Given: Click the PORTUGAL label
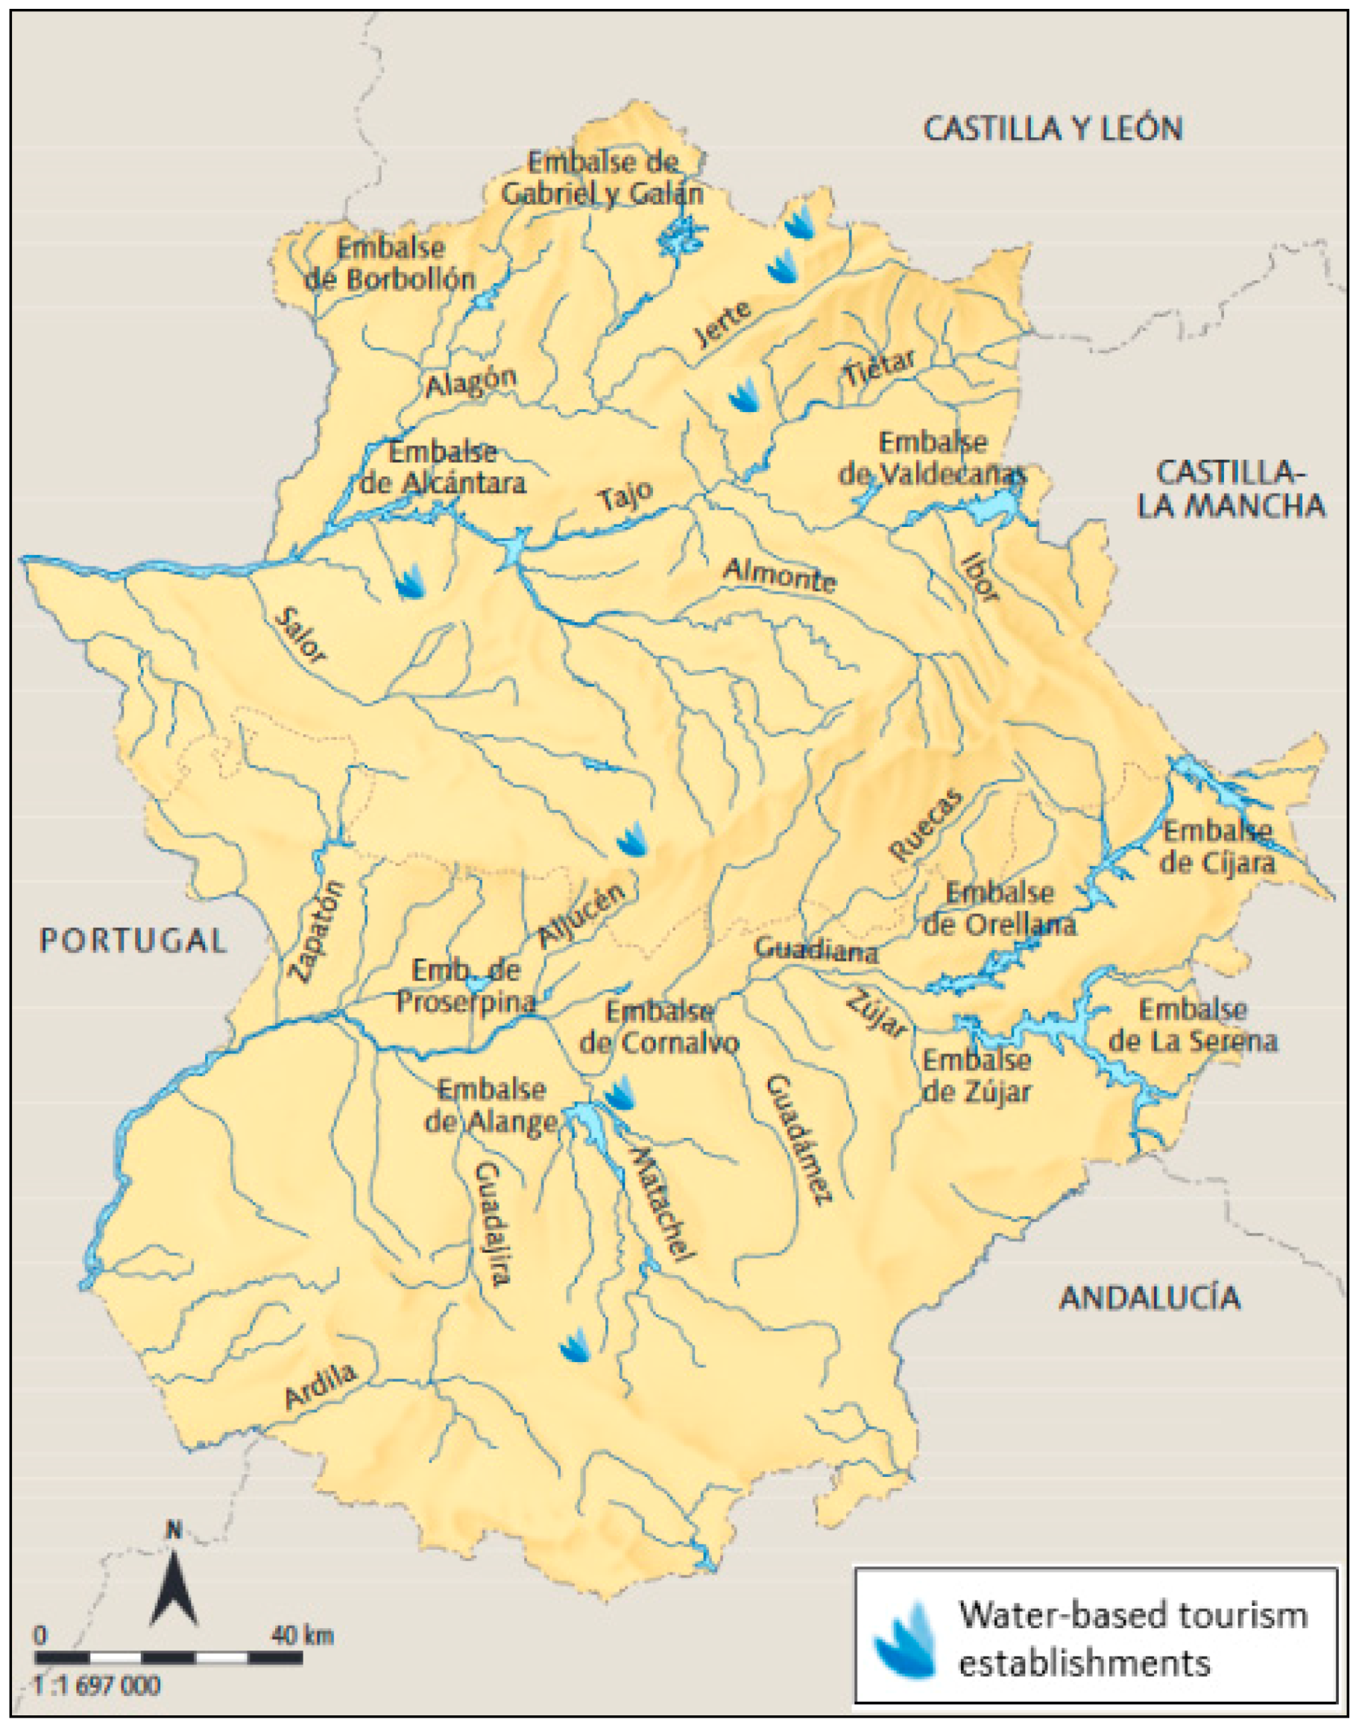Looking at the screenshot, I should tap(133, 940).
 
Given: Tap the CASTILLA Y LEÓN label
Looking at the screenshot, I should tap(1053, 130).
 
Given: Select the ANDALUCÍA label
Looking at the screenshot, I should tap(1150, 1298).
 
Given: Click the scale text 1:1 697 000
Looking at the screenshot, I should tap(97, 1686).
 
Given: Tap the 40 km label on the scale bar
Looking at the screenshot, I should tap(301, 1635).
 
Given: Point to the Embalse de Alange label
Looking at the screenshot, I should tap(491, 1107).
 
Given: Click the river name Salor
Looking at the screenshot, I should tap(300, 636).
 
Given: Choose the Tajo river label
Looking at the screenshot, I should tap(625, 497).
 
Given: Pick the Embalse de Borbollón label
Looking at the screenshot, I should tap(390, 264).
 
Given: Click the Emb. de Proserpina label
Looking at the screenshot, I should tap(466, 987).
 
